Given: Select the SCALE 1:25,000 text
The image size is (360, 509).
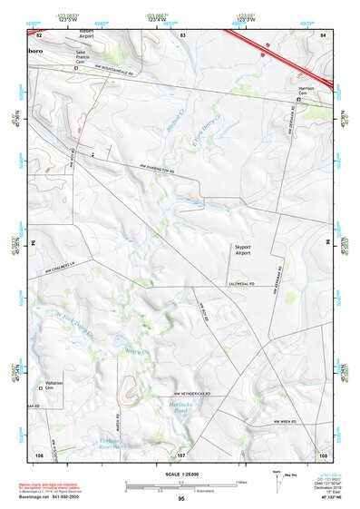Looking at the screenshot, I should pyautogui.click(x=180, y=474).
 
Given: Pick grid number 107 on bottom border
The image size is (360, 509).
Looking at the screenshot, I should pyautogui.click(x=181, y=455).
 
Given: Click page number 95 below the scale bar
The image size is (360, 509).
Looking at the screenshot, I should pyautogui.click(x=181, y=499).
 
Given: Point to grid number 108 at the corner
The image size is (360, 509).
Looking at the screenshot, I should pyautogui.click(x=323, y=455).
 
